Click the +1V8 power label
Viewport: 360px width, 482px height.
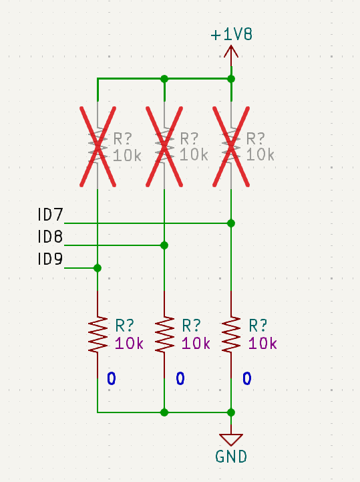(231, 34)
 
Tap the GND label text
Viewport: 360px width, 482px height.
(231, 457)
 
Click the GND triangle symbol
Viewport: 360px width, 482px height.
(231, 440)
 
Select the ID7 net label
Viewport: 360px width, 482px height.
(50, 214)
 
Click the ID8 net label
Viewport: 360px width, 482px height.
(50, 237)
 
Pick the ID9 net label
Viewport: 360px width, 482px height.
(50, 259)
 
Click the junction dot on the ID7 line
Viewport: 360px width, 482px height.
(231, 223)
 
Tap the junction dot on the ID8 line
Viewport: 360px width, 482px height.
(164, 245)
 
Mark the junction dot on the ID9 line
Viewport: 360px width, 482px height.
(98, 268)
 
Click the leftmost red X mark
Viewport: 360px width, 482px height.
(98, 146)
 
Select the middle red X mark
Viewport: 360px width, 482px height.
(164, 146)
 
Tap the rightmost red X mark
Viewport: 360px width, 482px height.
(231, 146)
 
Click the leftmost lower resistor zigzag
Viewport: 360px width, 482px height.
(98, 334)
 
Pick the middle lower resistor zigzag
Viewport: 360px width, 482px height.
(164, 334)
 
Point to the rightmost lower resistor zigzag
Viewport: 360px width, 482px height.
(231, 334)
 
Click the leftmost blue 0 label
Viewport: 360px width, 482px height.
(112, 378)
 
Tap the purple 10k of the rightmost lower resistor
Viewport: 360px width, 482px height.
(262, 343)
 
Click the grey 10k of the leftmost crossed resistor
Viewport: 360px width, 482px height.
(127, 155)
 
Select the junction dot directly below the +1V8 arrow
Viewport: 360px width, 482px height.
(231, 79)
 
